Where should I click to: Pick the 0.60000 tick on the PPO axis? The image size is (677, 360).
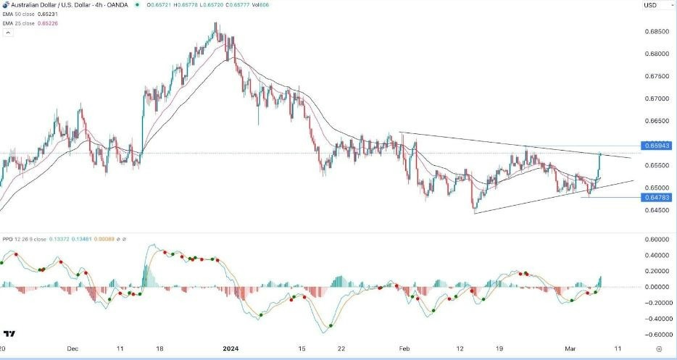pos(654,240)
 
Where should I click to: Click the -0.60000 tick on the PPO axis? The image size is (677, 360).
pos(654,335)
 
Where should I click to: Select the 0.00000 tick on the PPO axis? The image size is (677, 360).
pos(654,288)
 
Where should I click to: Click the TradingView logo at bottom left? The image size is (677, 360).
pos(9,334)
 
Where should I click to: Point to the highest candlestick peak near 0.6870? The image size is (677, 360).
pos(215,24)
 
